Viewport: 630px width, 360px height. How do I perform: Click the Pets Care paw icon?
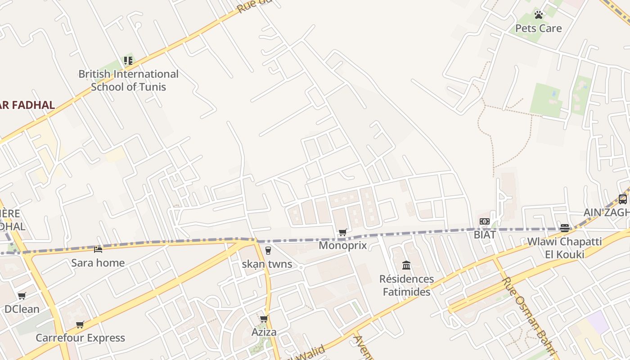point(539,15)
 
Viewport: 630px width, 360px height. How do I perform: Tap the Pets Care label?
point(539,28)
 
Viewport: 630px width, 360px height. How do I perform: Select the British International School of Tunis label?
point(128,80)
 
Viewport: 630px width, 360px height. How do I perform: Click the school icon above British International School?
point(128,60)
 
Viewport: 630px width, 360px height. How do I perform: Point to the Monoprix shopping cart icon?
point(343,232)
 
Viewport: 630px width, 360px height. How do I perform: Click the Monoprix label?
point(343,245)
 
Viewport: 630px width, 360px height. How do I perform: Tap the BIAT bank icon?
point(485,221)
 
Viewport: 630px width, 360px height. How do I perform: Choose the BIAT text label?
point(485,234)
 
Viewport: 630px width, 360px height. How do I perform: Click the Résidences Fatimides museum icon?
point(406,265)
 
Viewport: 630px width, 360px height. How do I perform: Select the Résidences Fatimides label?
point(406,285)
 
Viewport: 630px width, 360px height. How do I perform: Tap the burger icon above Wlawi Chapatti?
point(565,228)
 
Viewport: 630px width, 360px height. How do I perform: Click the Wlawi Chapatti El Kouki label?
point(564,248)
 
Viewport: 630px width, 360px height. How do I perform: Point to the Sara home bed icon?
point(98,249)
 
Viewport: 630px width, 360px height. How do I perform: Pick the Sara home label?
point(98,262)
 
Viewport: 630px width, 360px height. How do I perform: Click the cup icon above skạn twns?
point(268,251)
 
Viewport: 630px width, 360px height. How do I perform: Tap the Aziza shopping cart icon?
point(264,319)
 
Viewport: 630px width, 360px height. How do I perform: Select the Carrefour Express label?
point(80,338)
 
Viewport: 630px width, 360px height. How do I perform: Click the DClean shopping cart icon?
point(22,296)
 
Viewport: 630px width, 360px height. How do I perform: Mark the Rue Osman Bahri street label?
point(529,315)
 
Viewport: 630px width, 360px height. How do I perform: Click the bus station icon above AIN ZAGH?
point(623,199)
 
